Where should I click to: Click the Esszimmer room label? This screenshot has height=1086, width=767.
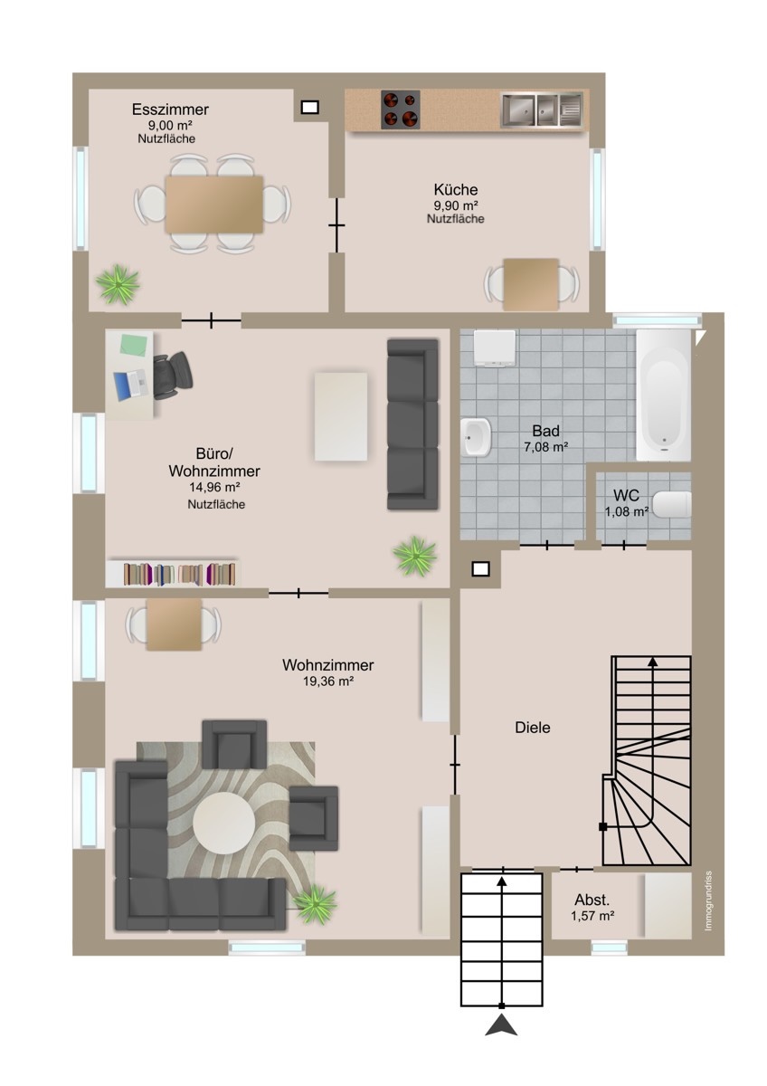pyautogui.click(x=170, y=110)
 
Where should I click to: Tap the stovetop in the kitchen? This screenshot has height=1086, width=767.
pyautogui.click(x=400, y=110)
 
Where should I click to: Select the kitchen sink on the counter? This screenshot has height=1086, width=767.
pyautogui.click(x=541, y=110)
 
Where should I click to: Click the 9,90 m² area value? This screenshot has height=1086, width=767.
pyautogui.click(x=456, y=205)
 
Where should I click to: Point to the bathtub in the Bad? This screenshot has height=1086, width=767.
pyautogui.click(x=663, y=395)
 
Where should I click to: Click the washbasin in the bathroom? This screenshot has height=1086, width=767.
pyautogui.click(x=476, y=437)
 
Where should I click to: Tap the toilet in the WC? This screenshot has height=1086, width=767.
pyautogui.click(x=671, y=504)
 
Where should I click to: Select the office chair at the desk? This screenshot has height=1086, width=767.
pyautogui.click(x=173, y=375)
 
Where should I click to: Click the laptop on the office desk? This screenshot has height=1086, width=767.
pyautogui.click(x=130, y=385)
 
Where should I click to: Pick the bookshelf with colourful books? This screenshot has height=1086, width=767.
pyautogui.click(x=172, y=574)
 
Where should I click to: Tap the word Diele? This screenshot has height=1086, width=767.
pyautogui.click(x=533, y=728)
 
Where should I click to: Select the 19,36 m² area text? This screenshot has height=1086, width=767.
pyautogui.click(x=328, y=681)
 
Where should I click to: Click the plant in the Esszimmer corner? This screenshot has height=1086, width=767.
pyautogui.click(x=118, y=284)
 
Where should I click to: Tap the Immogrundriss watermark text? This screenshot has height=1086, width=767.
pyautogui.click(x=708, y=900)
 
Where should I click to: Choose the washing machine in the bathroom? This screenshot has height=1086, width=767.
pyautogui.click(x=495, y=348)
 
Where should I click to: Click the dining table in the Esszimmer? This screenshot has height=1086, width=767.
pyautogui.click(x=213, y=205)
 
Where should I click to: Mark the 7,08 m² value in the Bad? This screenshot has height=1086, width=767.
pyautogui.click(x=545, y=447)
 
